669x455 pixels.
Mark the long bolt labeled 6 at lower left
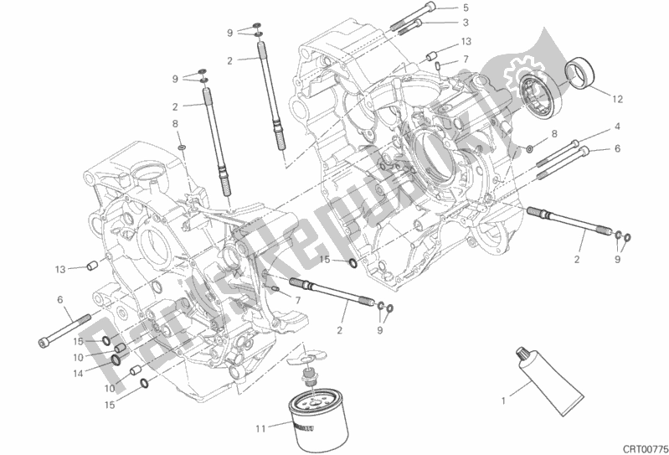(64, 332)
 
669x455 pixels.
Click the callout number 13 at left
(59, 269)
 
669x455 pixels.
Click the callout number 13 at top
(466, 41)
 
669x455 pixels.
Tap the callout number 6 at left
(59, 299)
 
